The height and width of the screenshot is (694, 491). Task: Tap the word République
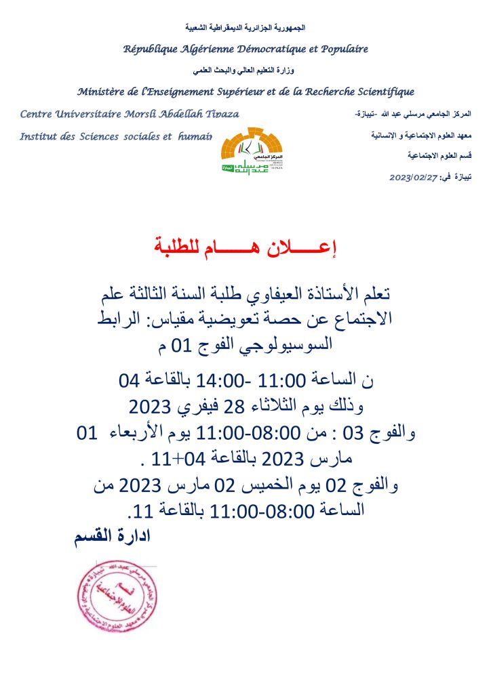pyautogui.click(x=151, y=49)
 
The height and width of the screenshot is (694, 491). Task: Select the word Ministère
pyautogui.click(x=102, y=91)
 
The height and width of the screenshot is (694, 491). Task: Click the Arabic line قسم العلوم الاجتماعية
pyautogui.click(x=439, y=156)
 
